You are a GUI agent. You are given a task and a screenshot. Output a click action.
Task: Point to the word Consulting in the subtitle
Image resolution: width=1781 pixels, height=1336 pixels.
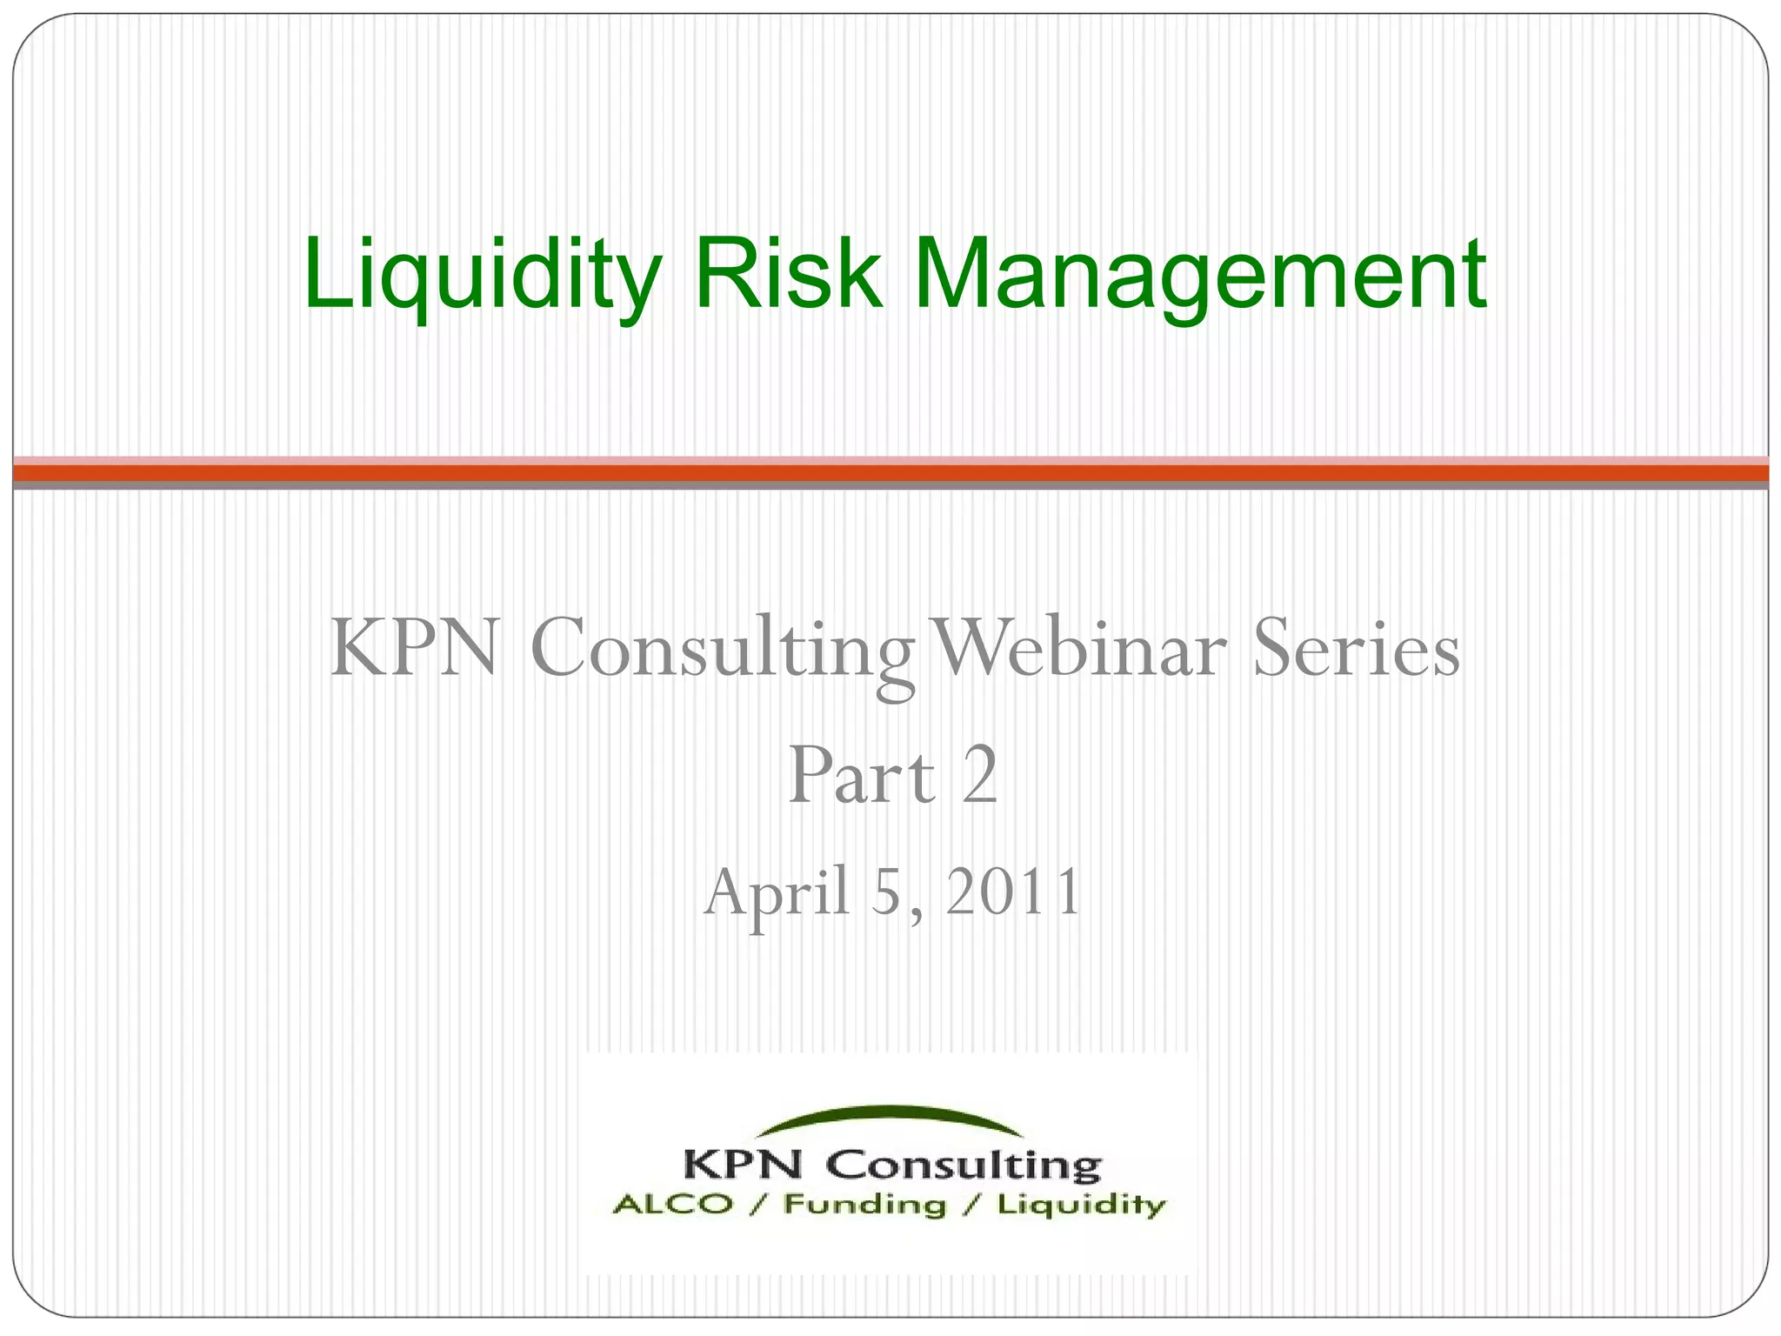click(x=722, y=651)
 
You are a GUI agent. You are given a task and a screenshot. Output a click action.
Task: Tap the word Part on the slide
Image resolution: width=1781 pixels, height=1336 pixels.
click(x=861, y=776)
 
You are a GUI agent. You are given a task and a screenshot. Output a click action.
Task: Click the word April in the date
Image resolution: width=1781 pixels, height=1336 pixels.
click(x=777, y=893)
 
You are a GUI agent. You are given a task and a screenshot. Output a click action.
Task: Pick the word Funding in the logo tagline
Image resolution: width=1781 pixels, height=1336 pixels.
click(x=864, y=1206)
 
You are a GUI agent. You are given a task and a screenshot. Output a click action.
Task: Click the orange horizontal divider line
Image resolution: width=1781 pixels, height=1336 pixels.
click(x=890, y=473)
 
